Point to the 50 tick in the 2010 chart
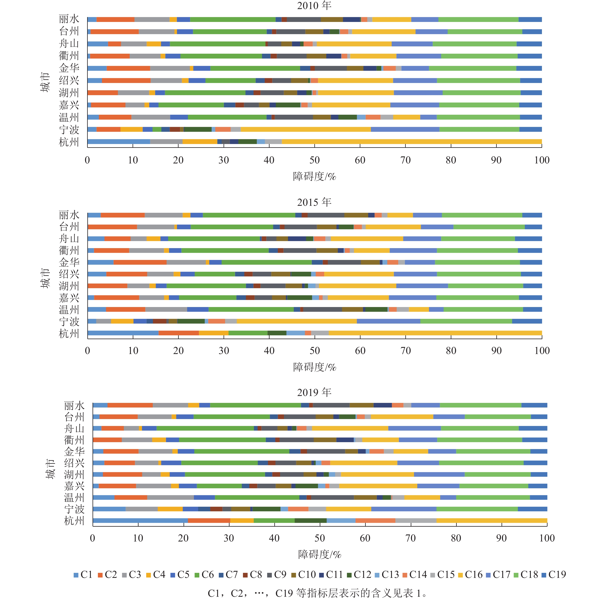click(x=315, y=160)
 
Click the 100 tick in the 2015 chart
click(x=542, y=351)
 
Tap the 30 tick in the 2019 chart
click(x=229, y=538)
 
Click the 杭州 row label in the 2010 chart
click(x=69, y=142)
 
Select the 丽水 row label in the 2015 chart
click(x=69, y=215)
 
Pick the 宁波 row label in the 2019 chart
click(x=74, y=509)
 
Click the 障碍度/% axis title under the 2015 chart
click(x=315, y=367)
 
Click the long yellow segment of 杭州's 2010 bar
click(x=412, y=141)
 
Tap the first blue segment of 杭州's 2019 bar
click(x=140, y=521)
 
